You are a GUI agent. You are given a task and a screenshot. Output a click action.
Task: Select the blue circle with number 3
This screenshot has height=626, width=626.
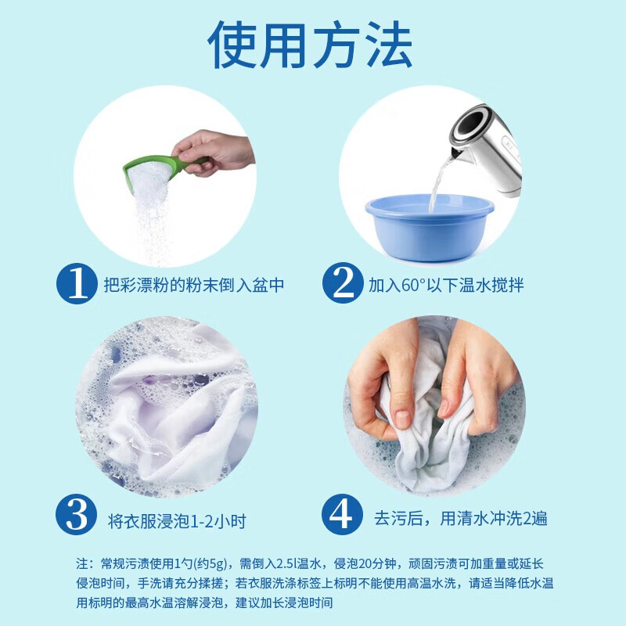point(77,516)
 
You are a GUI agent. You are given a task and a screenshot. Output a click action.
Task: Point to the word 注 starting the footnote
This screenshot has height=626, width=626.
point(82,563)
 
